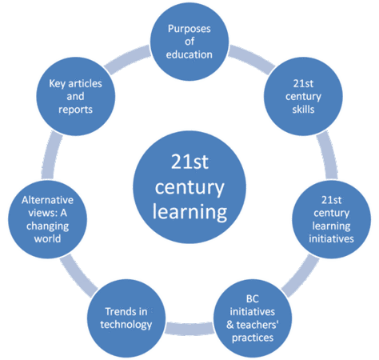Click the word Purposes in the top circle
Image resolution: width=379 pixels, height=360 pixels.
point(189,29)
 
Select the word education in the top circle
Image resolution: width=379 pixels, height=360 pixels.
point(189,54)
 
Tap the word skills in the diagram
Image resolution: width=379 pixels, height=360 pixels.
point(303,110)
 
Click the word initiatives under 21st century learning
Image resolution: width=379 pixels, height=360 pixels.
point(331,238)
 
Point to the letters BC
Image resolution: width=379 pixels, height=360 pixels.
point(253,299)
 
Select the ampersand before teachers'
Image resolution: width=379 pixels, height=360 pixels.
point(230,325)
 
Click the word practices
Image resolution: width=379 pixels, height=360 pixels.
point(253,338)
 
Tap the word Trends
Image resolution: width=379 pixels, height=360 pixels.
point(117,311)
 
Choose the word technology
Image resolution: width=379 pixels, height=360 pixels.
point(126,325)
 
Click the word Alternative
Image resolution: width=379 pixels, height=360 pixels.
point(48,200)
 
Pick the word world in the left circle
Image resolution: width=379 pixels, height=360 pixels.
point(47,238)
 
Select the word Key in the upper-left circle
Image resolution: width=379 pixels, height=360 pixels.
point(57,84)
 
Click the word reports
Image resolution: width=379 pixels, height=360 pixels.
point(75,110)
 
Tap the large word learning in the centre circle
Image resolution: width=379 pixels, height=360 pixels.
point(189,213)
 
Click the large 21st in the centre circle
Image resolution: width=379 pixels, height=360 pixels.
point(189,162)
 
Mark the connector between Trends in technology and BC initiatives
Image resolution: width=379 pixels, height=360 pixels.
point(189,328)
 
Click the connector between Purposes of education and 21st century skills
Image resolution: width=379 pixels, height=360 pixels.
point(251,59)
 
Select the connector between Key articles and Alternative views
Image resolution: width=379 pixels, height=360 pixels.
point(50,155)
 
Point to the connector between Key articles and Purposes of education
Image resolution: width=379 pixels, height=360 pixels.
point(128,59)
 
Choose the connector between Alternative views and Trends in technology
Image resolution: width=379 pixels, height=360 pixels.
point(78,275)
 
